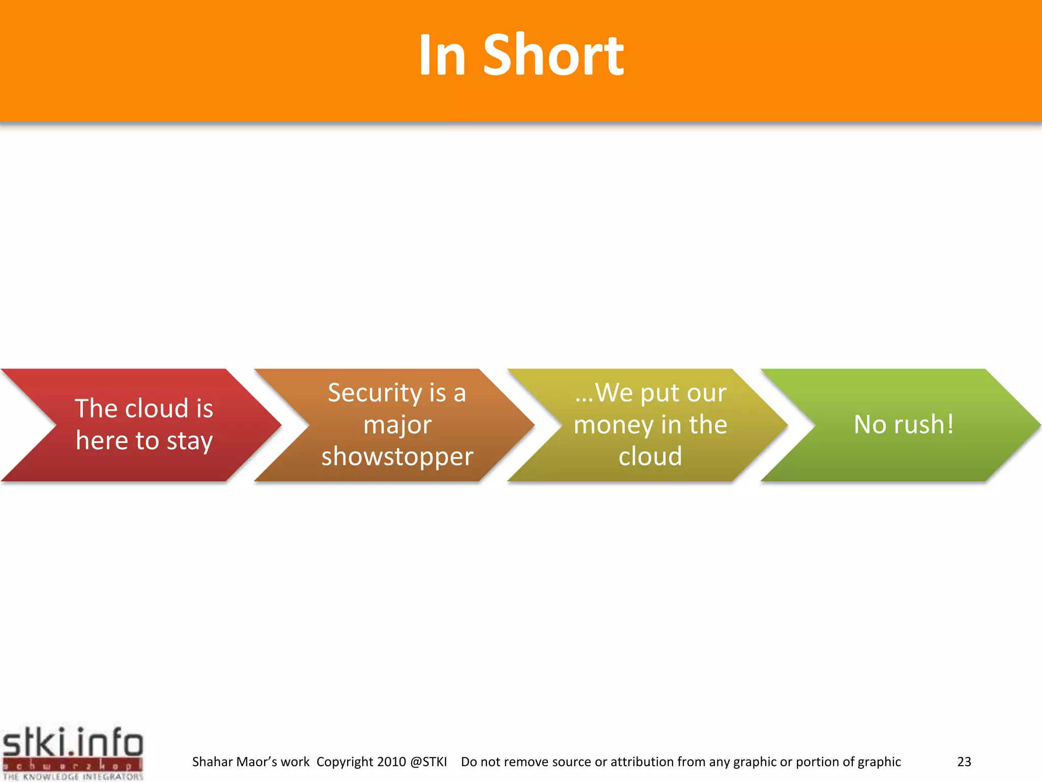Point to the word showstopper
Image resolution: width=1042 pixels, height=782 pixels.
397,457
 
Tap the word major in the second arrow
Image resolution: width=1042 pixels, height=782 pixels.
397,425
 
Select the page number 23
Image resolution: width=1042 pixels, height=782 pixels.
964,762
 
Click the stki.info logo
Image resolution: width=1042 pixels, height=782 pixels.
72,743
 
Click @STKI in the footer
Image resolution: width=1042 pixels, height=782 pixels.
428,762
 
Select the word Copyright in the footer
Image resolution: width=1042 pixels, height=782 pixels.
345,762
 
